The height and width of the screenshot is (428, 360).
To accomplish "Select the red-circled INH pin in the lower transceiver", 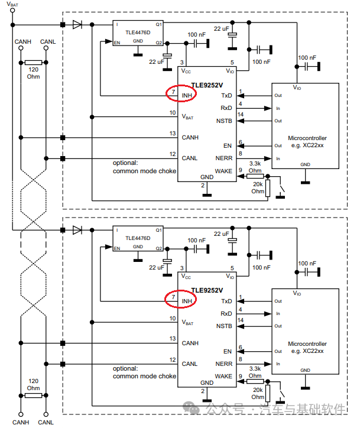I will coord(180,300).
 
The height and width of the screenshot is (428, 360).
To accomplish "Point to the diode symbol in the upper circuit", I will coord(77,25).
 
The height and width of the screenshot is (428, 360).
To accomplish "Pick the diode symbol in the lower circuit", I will coord(77,230).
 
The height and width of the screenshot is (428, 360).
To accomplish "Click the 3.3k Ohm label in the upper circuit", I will coord(255,166).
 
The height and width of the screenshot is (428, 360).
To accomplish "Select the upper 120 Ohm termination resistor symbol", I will coord(33,62).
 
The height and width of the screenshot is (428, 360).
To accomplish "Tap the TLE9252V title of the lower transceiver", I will coord(206,290).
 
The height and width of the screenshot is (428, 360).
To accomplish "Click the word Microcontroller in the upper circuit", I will coord(307,138).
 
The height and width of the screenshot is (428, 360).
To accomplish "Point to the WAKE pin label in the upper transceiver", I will coord(223,170).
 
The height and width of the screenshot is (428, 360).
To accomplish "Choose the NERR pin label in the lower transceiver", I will coord(223,364).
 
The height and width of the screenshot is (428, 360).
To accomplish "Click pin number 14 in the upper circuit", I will coord(241,114).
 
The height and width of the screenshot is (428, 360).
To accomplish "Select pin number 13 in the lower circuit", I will coord(172,338).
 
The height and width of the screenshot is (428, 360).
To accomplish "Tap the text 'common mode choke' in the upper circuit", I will coord(144,171).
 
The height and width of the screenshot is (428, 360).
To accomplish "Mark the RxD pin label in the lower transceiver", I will coord(226,313).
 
